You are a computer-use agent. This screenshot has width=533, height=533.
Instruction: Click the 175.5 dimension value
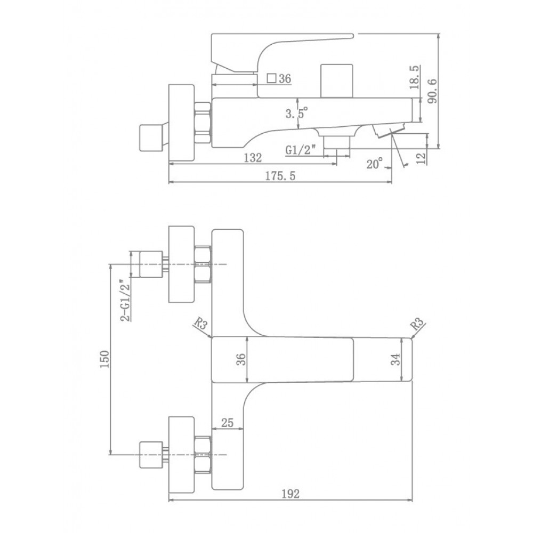(280, 176)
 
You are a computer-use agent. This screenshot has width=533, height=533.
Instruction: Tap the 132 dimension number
(253, 157)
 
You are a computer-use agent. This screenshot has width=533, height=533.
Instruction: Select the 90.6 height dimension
(432, 91)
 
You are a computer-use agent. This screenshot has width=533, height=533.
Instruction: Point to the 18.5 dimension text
(414, 77)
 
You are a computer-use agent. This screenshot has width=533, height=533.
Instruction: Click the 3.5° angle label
(296, 112)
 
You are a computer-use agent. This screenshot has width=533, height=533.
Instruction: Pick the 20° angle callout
(375, 164)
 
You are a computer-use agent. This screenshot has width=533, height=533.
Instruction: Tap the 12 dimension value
(421, 158)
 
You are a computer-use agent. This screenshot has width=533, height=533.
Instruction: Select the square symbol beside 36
(271, 78)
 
